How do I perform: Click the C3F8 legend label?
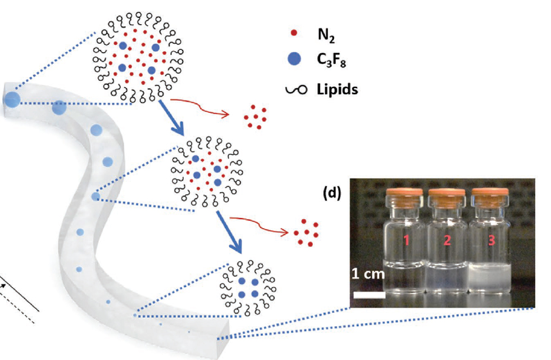pos(327,60)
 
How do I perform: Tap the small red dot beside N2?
pos(293,35)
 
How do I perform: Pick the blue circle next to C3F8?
pos(293,58)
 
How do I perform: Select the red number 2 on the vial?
pos(447,241)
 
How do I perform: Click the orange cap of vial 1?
pos(402,197)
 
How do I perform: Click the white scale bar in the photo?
pos(368,294)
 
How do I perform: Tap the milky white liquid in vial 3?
pos(489,275)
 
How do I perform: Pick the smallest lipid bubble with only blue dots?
pos(248,287)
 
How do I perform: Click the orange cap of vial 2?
pos(446,197)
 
